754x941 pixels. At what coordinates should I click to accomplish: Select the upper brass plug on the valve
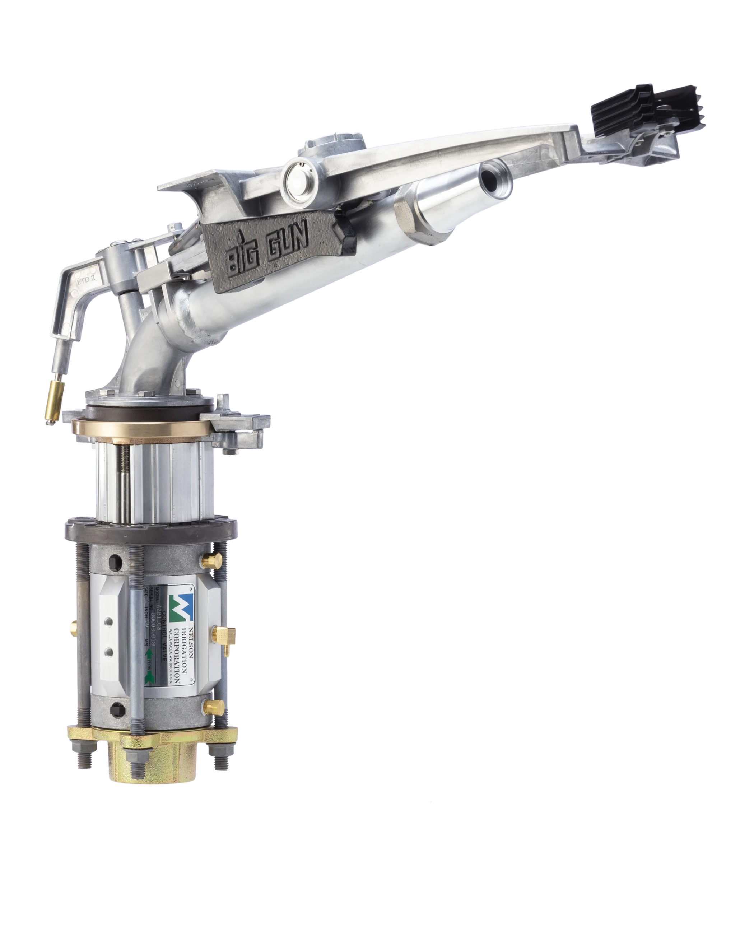click(210, 560)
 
